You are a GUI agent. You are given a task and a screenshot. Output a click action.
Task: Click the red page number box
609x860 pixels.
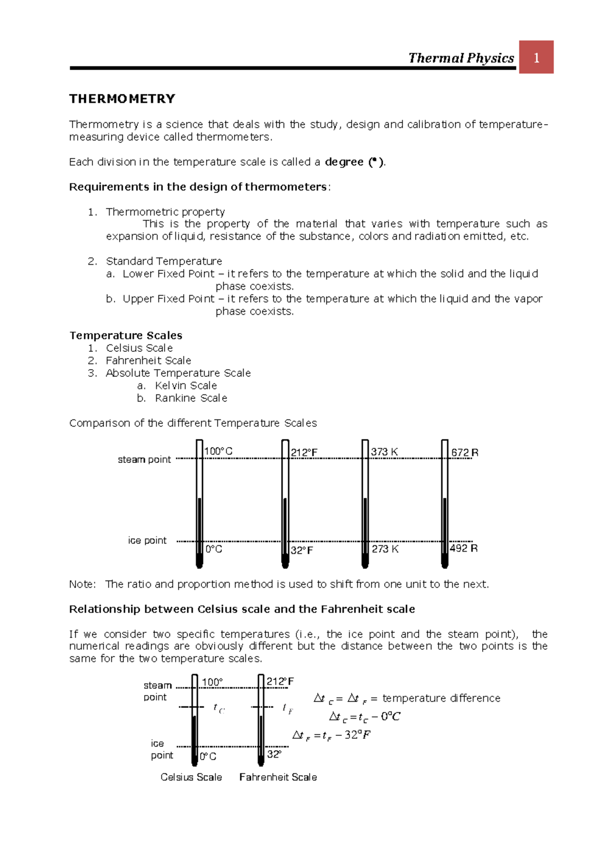click(536, 57)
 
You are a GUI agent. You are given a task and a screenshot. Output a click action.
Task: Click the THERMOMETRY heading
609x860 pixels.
click(122, 99)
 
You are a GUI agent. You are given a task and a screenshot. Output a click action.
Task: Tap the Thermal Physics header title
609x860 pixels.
click(461, 58)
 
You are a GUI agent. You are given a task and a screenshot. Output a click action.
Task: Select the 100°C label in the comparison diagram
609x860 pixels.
click(218, 451)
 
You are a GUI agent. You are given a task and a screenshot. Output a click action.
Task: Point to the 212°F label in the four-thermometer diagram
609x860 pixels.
click(304, 453)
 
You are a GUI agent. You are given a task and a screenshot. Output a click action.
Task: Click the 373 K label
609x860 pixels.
click(384, 452)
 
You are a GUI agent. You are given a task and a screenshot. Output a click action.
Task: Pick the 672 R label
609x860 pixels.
click(464, 452)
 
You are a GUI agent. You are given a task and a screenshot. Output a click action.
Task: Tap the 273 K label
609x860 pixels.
click(385, 549)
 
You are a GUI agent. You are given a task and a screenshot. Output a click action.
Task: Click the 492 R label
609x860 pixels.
click(463, 548)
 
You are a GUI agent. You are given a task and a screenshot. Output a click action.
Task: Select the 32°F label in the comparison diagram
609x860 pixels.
click(302, 550)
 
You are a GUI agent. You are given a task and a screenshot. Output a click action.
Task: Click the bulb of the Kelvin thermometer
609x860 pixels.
click(365, 561)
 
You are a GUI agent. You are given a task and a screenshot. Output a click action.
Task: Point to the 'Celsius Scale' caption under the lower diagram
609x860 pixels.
click(191, 777)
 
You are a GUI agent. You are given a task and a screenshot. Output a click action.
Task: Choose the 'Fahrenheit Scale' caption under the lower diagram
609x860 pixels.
click(278, 777)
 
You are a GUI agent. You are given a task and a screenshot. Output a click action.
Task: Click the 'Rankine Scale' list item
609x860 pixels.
click(191, 398)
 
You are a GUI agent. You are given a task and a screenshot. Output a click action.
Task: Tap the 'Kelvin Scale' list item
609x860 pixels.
click(186, 385)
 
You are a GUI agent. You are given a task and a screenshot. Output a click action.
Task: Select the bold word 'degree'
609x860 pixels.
click(344, 162)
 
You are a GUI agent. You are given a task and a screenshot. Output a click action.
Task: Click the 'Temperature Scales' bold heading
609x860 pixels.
click(126, 335)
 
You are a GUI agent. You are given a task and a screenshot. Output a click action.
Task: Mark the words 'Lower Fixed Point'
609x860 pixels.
click(168, 274)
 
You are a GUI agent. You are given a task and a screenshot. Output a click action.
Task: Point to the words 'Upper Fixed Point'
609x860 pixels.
click(168, 299)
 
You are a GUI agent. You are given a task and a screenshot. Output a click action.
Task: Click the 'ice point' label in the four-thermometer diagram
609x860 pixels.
click(147, 541)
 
